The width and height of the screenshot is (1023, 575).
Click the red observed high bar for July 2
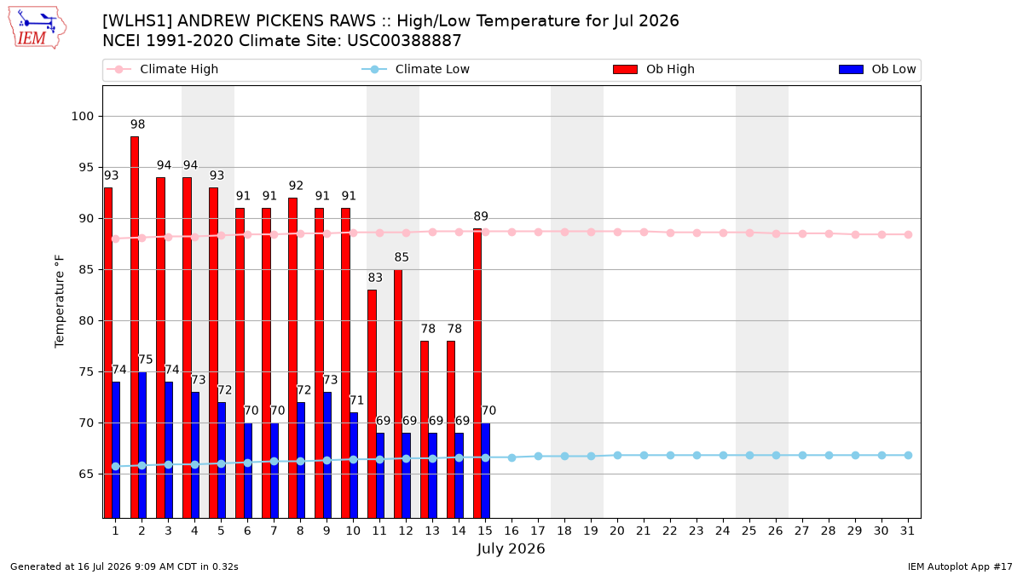(x=135, y=327)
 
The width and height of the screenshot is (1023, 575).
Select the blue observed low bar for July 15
(x=485, y=470)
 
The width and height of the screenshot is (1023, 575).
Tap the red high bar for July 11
(x=373, y=404)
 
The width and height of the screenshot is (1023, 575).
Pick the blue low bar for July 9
(x=327, y=455)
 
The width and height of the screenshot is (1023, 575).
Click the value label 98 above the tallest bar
(x=137, y=124)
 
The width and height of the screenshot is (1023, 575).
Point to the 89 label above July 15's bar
(x=481, y=216)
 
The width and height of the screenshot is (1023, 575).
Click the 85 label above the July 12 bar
(x=402, y=257)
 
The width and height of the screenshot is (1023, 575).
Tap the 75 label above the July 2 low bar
(x=145, y=359)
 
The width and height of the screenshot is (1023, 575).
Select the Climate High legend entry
(x=162, y=69)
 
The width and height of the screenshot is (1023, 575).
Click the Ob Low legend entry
(x=877, y=69)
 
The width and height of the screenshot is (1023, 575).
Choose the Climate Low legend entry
(x=416, y=69)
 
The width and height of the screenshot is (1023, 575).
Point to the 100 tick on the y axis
(x=82, y=117)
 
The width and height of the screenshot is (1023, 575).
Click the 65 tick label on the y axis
(x=86, y=474)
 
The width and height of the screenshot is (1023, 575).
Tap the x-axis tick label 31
(x=907, y=531)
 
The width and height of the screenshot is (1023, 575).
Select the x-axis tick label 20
(x=617, y=531)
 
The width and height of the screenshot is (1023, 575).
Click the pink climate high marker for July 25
(x=749, y=233)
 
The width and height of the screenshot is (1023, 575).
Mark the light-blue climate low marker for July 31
(x=909, y=456)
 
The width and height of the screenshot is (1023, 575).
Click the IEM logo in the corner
(x=37, y=27)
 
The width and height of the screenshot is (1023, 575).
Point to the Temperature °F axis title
(x=60, y=302)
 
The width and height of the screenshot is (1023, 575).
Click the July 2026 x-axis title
(x=511, y=549)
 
